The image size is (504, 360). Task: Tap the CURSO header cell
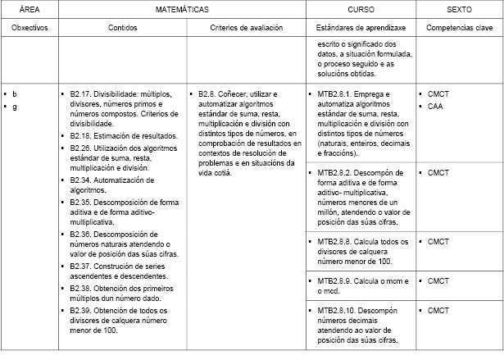[x=361, y=10]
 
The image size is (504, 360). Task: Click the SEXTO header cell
[x=459, y=10]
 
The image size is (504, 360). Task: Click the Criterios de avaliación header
[x=246, y=28]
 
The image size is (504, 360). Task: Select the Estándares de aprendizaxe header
[x=361, y=28]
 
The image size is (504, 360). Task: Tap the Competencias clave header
[x=459, y=28]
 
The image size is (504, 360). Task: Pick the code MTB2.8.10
[x=336, y=311]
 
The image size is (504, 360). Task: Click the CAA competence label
[x=435, y=106]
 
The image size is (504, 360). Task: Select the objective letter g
[x=15, y=107]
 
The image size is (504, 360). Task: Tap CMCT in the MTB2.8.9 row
[x=438, y=281]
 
